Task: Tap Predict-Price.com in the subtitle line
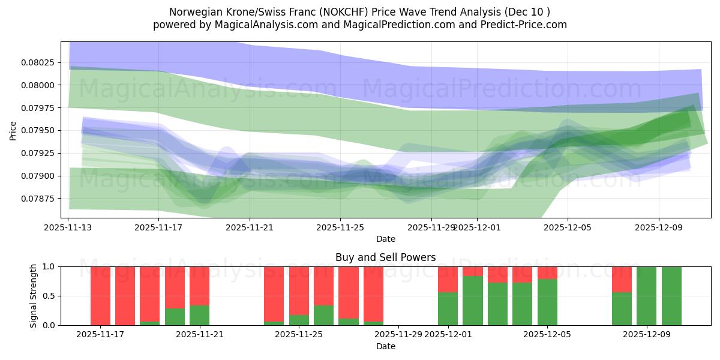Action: (x=521, y=25)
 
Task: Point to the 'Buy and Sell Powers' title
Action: (x=385, y=257)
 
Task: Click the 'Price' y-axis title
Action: (x=13, y=130)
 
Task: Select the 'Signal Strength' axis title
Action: (x=34, y=296)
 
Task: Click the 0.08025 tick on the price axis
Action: (x=38, y=62)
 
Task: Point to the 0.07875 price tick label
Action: (x=38, y=199)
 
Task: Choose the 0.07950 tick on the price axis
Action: (x=38, y=130)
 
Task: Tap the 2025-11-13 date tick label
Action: (x=68, y=227)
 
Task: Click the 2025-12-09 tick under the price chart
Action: (x=659, y=227)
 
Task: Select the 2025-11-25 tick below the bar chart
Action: (x=299, y=334)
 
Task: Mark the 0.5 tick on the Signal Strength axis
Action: (x=49, y=296)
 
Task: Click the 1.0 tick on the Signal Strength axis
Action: (x=49, y=266)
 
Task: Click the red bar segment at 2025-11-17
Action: (x=100, y=295)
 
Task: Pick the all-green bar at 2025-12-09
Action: (x=647, y=296)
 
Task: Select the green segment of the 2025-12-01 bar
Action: (x=448, y=309)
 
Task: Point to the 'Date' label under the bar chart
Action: (x=385, y=346)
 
